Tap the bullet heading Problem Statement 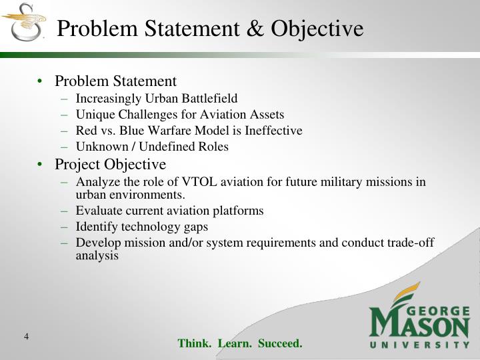point(115,81)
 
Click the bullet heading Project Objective point(110,164)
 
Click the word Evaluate point(99,211)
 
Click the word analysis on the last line point(97,255)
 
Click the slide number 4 point(26,337)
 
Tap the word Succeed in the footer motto point(280,344)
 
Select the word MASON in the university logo point(420,325)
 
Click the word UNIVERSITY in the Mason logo point(420,345)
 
